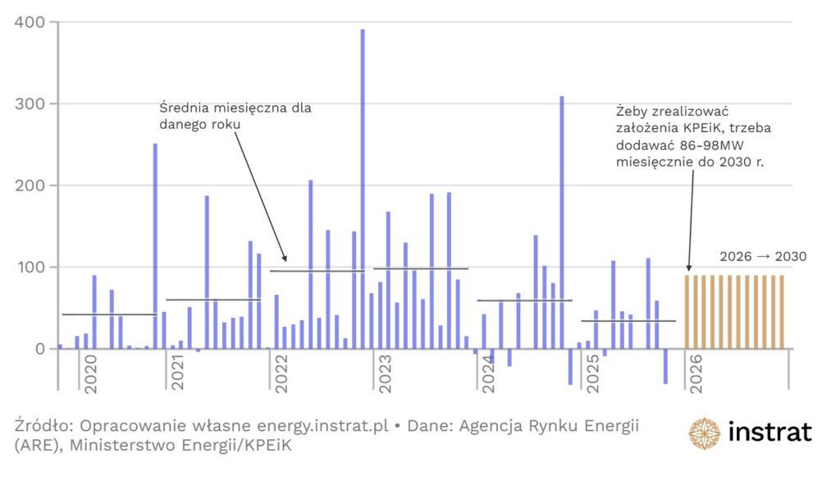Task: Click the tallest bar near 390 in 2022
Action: point(363,189)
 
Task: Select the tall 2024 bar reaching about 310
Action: point(562,222)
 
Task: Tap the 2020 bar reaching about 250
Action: point(155,246)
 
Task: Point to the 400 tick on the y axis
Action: point(30,22)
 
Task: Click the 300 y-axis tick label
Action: point(30,104)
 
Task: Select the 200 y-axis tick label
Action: point(30,186)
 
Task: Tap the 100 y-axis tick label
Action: point(30,268)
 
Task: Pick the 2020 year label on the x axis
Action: point(90,374)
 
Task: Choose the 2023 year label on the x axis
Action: point(382,374)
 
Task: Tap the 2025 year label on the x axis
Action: point(591,374)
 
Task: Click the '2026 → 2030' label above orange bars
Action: point(763,256)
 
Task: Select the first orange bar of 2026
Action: point(688,312)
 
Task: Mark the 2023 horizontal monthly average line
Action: point(421,268)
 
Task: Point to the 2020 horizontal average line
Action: point(109,314)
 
